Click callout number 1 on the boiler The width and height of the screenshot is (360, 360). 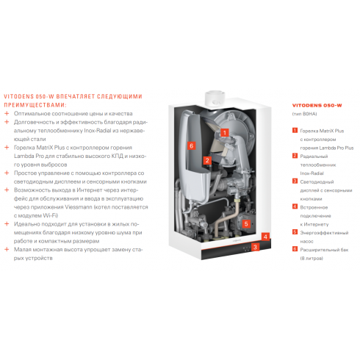coord(225,133)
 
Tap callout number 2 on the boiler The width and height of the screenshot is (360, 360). coord(208,159)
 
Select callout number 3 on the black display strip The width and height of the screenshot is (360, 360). coord(254,248)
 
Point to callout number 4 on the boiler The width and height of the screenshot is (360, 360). coord(266,237)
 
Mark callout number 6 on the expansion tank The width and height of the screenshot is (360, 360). coord(191,146)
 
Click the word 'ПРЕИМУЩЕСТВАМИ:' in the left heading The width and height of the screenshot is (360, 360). coord(35,105)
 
